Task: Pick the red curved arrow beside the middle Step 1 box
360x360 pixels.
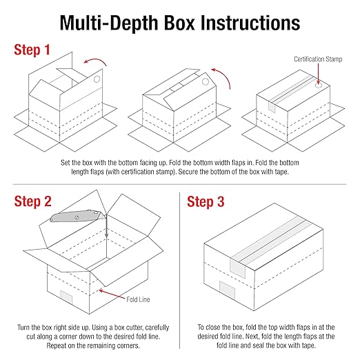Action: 219,74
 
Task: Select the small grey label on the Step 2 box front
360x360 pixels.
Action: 67,297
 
